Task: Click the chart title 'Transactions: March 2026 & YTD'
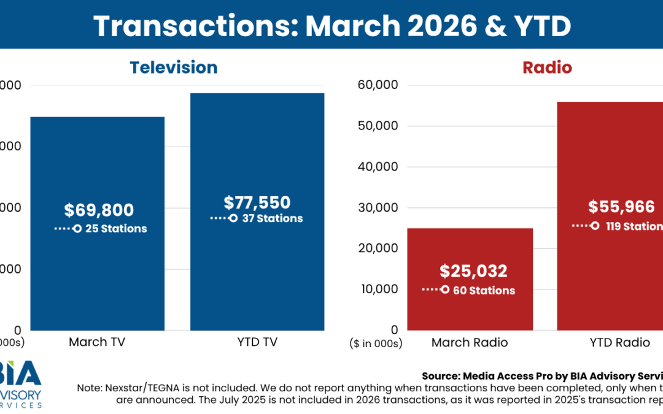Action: coord(331,26)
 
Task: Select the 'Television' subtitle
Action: coord(173,67)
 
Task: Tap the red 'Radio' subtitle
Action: coord(547,67)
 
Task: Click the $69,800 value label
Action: coord(99,210)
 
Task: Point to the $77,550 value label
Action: coord(257,202)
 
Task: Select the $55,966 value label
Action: coord(621,207)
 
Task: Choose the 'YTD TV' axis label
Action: coord(257,342)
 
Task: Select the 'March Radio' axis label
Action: coord(470,342)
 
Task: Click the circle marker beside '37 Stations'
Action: coord(233,218)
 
